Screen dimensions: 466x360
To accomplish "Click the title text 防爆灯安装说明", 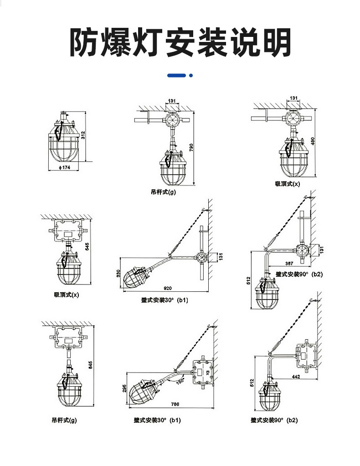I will pos(180,43).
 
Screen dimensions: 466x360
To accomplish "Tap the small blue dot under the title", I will pos(191,75).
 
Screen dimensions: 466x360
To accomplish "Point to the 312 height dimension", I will pos(83,135).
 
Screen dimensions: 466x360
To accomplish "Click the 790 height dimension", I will pos(191,147).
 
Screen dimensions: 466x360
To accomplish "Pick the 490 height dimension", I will pos(313,142).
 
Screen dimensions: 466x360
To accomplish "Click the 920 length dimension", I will pos(167,289).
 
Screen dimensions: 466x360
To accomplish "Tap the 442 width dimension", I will pos(296,377).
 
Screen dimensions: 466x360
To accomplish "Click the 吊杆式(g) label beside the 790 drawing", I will pos(164,192).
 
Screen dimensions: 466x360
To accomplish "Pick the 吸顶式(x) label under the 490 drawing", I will pos(288,184).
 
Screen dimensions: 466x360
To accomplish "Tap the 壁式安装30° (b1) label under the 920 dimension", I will pos(165,300).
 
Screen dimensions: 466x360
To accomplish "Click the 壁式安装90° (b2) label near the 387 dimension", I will pos(299,274).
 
